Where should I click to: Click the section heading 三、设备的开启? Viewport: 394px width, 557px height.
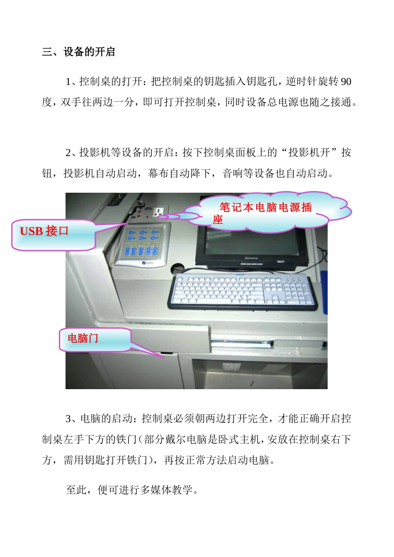click(78, 52)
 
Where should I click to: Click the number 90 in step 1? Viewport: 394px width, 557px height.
click(345, 81)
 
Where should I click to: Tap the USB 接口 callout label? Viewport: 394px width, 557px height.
click(44, 231)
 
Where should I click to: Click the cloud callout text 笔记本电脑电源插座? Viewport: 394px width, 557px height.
click(265, 212)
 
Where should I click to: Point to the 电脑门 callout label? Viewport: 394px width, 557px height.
click(83, 339)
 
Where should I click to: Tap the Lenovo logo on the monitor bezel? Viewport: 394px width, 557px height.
click(251, 258)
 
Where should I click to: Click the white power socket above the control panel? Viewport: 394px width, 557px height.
click(158, 213)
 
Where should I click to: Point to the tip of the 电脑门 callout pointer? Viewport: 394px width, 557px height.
click(163, 356)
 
